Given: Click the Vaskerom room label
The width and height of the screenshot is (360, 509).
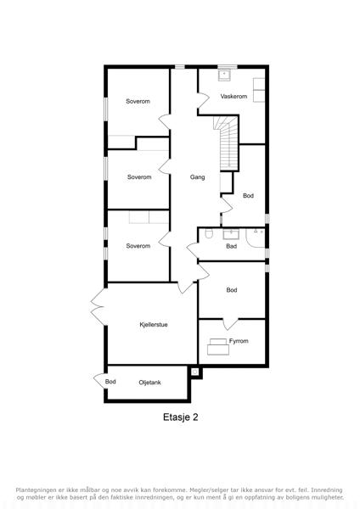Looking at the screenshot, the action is pos(233,97).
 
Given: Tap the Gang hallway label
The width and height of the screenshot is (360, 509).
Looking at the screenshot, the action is pos(198,177).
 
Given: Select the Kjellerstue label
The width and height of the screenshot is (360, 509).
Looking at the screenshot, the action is pos(154,325).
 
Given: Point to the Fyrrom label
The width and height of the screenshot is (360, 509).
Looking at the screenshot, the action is pos(239,341).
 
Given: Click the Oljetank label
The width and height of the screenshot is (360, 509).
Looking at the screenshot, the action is pos(149,383).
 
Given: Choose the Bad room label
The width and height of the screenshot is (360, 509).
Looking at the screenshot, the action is pos(231,246).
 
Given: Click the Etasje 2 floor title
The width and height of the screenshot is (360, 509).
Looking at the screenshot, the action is pos(180,417).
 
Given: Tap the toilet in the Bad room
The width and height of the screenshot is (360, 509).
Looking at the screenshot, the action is pos(209,233).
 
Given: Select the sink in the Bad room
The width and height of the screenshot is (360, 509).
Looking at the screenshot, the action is pos(231,234).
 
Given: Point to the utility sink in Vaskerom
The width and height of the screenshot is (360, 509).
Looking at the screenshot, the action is pos(224,76).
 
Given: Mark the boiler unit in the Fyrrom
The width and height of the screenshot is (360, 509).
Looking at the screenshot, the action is pos(218,347).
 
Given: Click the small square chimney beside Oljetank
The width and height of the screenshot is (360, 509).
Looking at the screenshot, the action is pos(195,372).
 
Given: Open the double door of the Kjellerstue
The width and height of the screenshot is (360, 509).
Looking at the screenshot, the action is pos(98,306).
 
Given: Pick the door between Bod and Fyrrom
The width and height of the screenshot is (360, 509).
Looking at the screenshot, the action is pos(231,324).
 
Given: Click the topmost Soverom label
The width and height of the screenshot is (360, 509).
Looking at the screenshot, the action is pos(138,101).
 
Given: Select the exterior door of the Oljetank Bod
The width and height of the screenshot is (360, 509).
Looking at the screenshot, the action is pos(98,379).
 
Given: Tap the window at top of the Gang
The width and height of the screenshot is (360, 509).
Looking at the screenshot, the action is pos(180,67).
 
